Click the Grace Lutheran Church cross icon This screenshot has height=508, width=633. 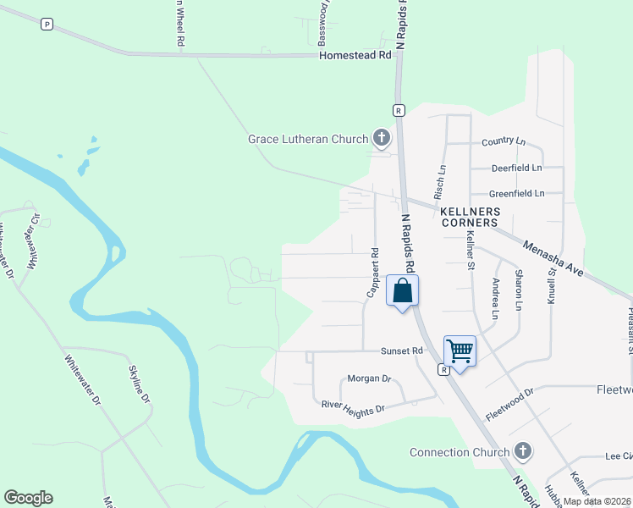point(381,139)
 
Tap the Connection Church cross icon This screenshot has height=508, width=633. point(523,452)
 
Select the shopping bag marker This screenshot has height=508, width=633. point(403,291)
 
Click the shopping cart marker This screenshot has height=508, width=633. point(460,351)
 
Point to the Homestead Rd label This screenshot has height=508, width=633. point(356,55)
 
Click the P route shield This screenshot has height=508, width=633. point(47,25)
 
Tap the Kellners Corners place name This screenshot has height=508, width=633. point(469,217)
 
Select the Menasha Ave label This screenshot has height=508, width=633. point(554,259)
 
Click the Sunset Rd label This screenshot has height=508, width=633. point(401,351)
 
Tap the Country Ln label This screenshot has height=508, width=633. point(504,141)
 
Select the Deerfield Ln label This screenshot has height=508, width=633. point(515,168)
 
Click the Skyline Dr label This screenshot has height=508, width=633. point(140,384)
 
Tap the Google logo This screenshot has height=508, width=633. point(28,498)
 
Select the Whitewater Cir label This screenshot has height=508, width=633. point(33,241)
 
